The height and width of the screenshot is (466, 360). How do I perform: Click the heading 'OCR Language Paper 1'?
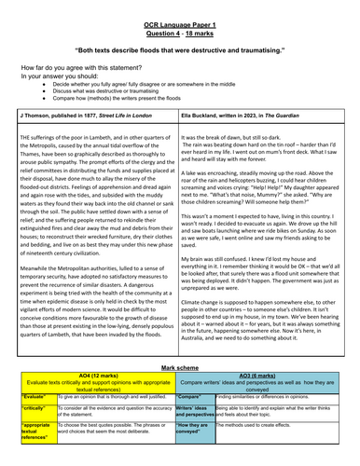(x=180, y=12)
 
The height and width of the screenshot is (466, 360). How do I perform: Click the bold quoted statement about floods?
(x=180, y=46)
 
